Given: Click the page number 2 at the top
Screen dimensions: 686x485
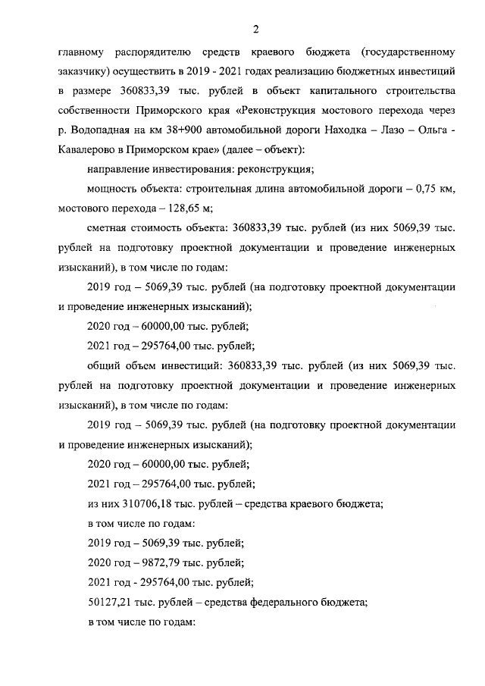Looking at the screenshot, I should (256, 30).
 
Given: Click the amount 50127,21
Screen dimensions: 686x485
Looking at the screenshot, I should (112, 604).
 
